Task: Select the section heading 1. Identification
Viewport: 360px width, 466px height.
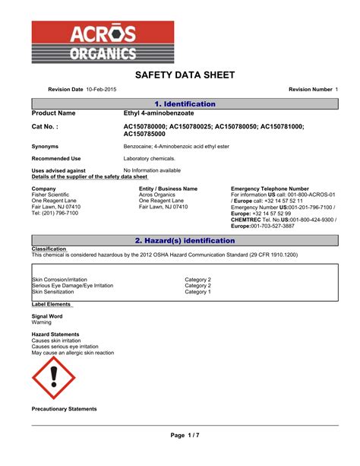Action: (185, 103)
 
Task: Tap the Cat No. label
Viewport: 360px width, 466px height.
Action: (45, 126)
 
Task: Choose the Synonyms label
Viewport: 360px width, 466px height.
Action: (46, 145)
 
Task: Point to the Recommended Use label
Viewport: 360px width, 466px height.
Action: (55, 158)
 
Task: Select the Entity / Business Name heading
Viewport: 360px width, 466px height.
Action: (168, 189)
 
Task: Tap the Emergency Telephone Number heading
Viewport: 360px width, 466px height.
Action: (269, 189)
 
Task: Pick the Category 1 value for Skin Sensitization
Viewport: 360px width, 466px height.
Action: (198, 292)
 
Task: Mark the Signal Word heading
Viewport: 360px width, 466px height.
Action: (47, 315)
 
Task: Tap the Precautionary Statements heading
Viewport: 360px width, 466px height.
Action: (64, 409)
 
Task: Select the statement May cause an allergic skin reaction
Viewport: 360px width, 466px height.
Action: (73, 353)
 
